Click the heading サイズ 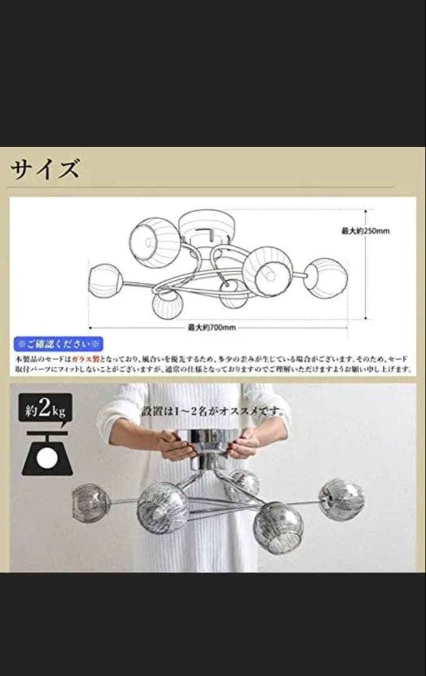coord(45,168)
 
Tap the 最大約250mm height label coord(365,231)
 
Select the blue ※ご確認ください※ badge coord(58,344)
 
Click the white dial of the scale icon coord(46,456)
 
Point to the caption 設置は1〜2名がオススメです coord(212,412)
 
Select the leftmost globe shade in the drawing coord(105,279)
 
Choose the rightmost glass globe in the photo coord(341,499)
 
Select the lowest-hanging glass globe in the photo coord(278,527)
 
